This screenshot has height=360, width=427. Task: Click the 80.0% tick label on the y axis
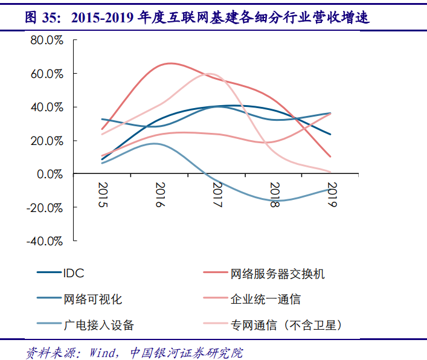(47, 40)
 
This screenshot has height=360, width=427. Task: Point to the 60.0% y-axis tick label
(47, 74)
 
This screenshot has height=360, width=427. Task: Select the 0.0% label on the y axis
(49, 174)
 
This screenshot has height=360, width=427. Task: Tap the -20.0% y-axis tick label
(45, 207)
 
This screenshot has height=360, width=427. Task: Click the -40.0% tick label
(45, 241)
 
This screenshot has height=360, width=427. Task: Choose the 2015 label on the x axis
(103, 195)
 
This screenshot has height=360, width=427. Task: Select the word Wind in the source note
(105, 351)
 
